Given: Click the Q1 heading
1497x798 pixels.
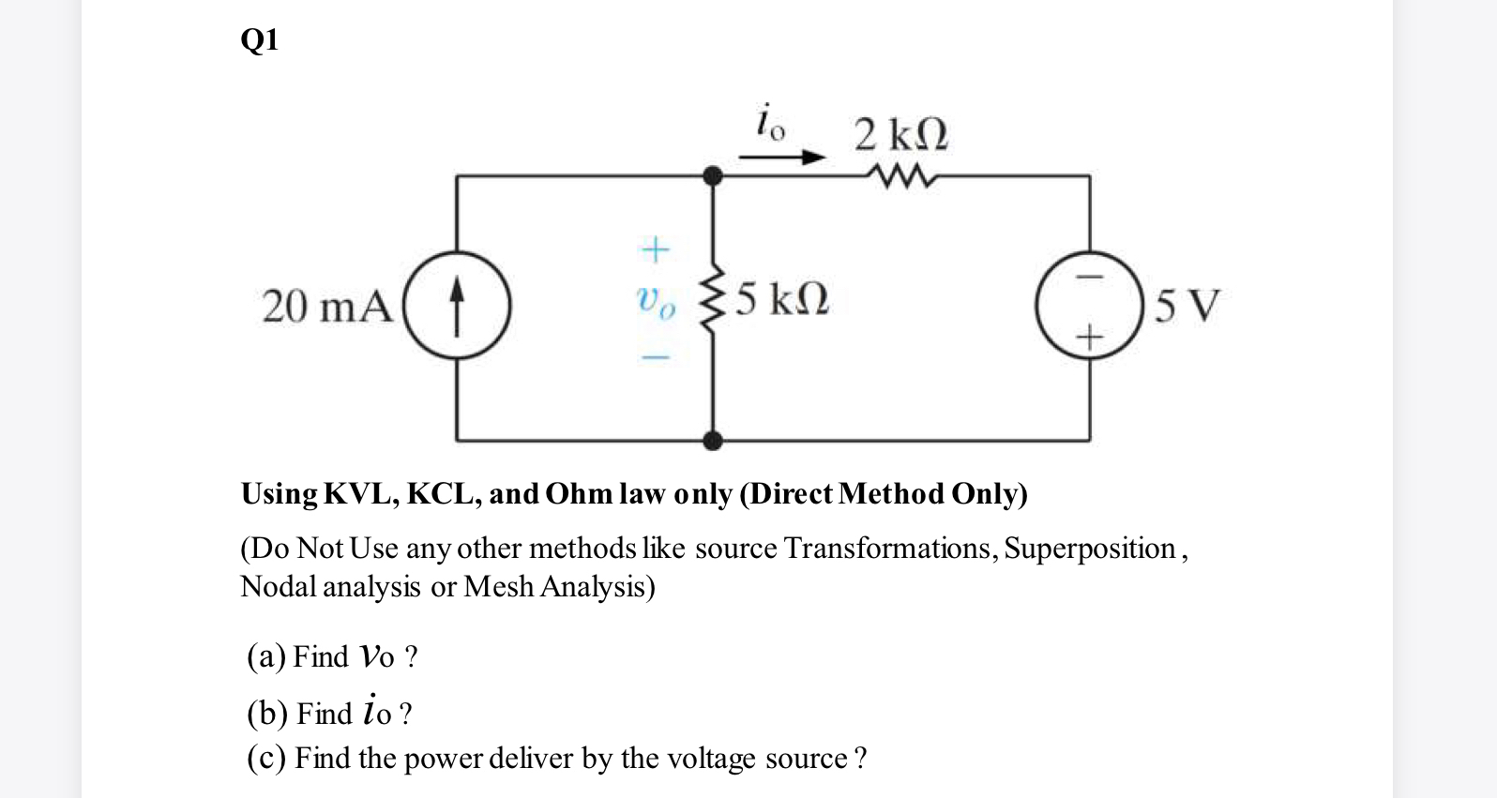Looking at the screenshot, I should click(260, 40).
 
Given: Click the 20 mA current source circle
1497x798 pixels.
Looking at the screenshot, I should click(457, 306).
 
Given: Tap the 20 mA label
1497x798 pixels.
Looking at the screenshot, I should click(326, 307).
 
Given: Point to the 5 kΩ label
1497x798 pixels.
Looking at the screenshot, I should click(782, 300).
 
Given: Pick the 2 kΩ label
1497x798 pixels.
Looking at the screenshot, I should click(901, 135).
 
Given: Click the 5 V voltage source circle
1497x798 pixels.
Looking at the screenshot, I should click(1089, 306).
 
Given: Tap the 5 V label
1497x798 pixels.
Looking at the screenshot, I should click(1187, 307).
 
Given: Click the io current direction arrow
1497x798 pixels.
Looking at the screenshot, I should click(781, 158).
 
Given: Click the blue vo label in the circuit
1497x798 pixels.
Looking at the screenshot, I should click(655, 302).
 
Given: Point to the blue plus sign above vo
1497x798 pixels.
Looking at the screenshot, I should click(655, 249).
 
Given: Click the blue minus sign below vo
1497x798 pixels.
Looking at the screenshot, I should click(655, 357).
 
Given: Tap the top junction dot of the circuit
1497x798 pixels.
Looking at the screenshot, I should click(713, 175).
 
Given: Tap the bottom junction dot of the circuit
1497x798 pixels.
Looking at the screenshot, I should click(713, 440).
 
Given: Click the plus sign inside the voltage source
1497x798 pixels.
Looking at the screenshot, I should click(1089, 336).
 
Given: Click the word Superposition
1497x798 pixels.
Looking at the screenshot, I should click(1090, 549).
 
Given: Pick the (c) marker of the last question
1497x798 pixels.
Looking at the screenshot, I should click(266, 758).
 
